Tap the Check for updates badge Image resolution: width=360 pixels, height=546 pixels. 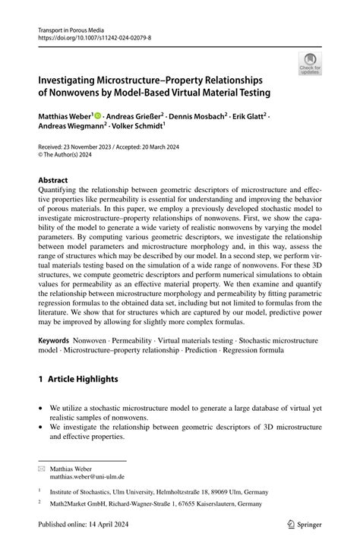coord(309,65)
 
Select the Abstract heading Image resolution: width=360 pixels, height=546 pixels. coord(58,181)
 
